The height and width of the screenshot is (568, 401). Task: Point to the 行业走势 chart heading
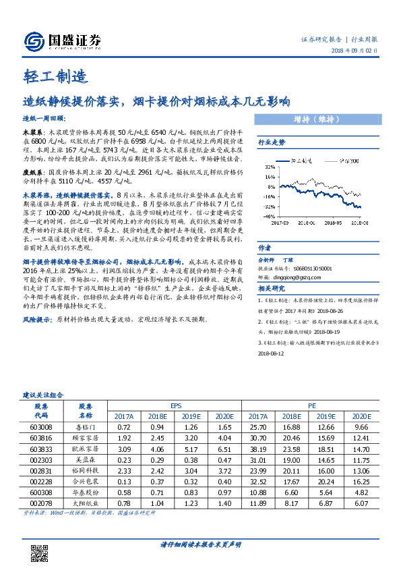tap(272, 143)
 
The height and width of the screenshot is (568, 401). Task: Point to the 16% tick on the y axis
tap(268, 174)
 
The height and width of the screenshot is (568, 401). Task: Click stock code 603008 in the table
tap(41, 428)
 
